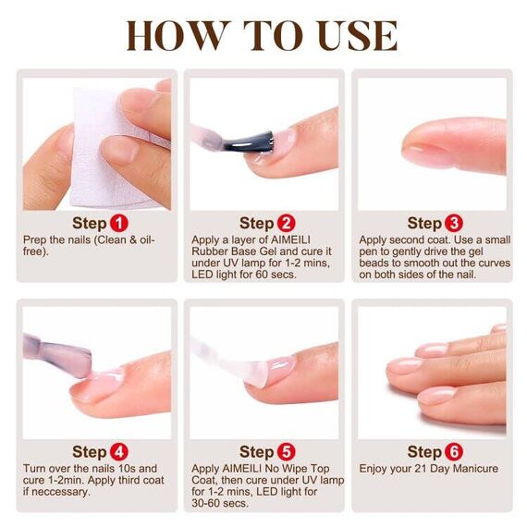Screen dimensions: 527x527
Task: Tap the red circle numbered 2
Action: [x=286, y=223]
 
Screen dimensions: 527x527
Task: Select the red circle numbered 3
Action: [x=454, y=223]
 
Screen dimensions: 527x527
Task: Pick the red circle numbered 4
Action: [x=119, y=452]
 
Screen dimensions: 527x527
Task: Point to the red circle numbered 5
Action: [x=287, y=452]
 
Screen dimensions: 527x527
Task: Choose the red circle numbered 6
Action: [x=454, y=452]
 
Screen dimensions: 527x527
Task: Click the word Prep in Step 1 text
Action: [x=36, y=240]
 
